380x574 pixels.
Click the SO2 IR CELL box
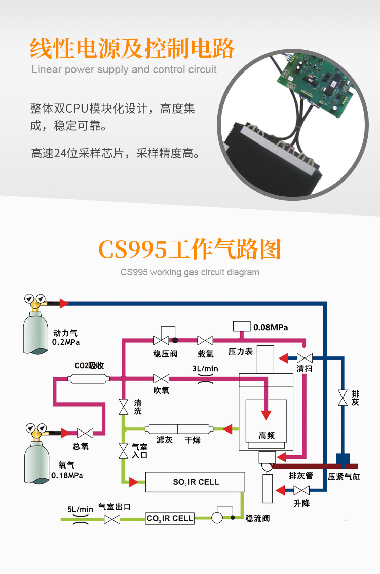[x=195, y=482]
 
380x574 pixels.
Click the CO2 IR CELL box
[x=170, y=518]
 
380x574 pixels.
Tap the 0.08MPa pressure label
[x=271, y=327]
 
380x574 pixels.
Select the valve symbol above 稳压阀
[x=161, y=340]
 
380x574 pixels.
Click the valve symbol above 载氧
[x=205, y=340]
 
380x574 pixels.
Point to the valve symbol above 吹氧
[x=161, y=378]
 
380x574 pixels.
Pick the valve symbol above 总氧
[x=84, y=433]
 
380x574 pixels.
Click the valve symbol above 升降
[x=302, y=490]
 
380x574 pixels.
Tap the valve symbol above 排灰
[x=343, y=397]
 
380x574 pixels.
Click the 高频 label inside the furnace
[x=267, y=436]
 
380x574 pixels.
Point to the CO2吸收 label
[x=89, y=365]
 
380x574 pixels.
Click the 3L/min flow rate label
[x=205, y=369]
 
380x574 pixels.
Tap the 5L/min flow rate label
[x=81, y=509]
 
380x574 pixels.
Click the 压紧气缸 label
[x=344, y=477]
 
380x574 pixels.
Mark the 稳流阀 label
[x=257, y=518]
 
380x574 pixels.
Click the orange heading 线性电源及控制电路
[x=132, y=49]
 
